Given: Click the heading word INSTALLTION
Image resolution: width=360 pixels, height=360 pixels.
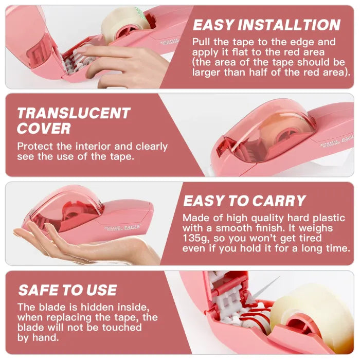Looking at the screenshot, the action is coord(289,25).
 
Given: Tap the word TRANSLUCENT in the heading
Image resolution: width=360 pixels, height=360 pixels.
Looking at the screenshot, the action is coord(74,113).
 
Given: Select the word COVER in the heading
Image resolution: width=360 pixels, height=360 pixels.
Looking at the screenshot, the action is coord(44,128).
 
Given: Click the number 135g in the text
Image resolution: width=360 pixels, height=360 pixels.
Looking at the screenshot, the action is coord(196,238).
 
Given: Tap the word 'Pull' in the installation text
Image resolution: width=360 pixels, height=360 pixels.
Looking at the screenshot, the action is coord(201,42).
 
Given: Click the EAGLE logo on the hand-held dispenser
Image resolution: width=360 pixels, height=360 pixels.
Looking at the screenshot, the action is coord(132,227).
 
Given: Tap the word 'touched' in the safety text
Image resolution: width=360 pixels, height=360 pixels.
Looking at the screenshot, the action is coord(122,328).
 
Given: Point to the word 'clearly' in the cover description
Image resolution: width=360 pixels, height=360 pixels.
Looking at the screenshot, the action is coord(152,147).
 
